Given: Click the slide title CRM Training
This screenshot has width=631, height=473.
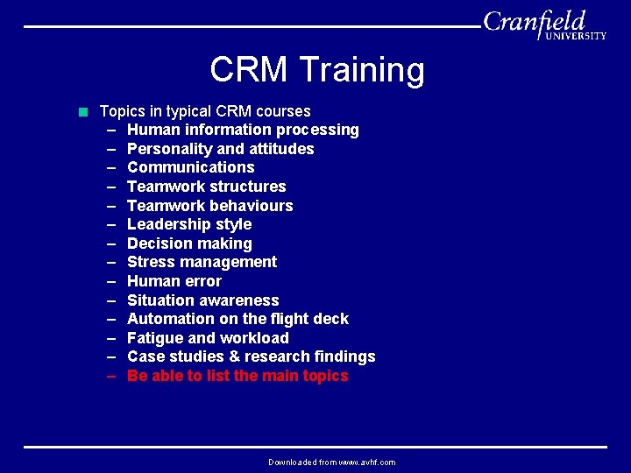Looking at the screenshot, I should coord(316,70).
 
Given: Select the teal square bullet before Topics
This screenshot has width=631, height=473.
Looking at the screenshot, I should coord(83,111).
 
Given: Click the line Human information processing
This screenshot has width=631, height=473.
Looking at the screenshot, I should coord(243,130).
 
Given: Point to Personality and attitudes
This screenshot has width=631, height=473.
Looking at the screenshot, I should coord(220,149).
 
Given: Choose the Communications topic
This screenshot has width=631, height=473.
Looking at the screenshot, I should coord(190,167).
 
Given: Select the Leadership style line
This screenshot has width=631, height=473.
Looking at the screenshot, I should coord(188,224).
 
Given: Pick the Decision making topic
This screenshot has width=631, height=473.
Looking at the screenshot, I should coord(189,244).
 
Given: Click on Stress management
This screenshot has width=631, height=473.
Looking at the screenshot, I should coord(202,262).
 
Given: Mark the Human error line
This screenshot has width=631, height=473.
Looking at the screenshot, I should coord(174,281).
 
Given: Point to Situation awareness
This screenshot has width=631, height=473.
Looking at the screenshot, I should coord(202,300).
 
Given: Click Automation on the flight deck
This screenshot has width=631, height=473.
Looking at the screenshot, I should coord(238,319).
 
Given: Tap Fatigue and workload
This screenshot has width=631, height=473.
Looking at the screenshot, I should coord(208,338).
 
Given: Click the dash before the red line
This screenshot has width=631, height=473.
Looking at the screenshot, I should coord(112,376).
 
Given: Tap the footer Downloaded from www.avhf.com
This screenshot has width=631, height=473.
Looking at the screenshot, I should coord(331,462).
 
